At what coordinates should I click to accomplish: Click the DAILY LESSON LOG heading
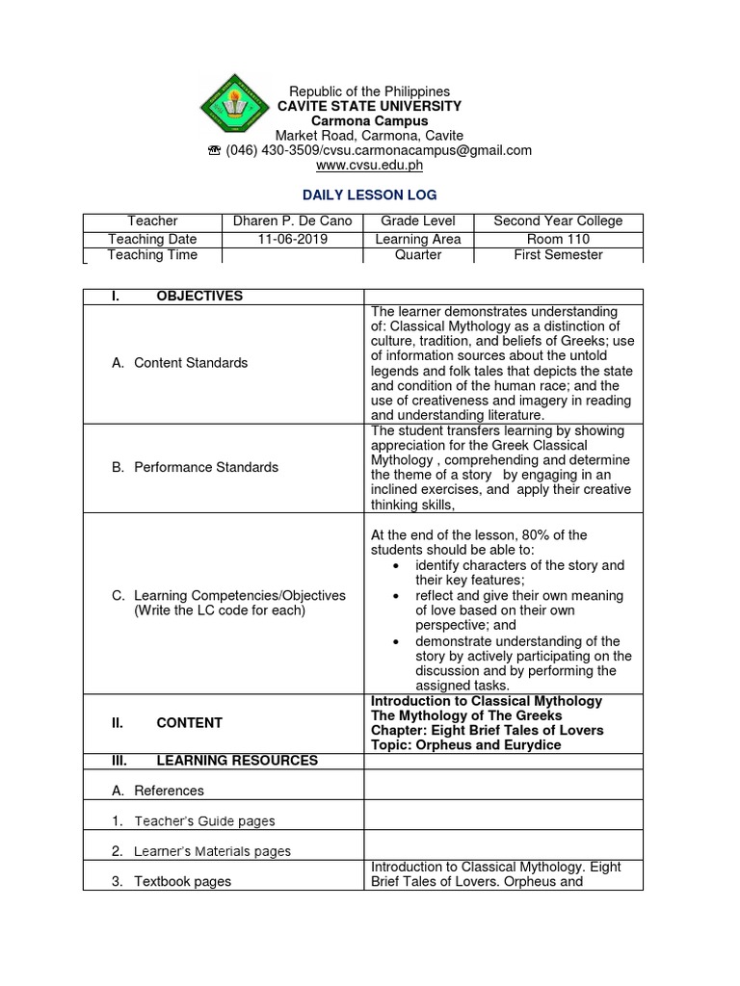pyautogui.click(x=369, y=195)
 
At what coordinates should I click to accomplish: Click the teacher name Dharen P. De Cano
pyautogui.click(x=293, y=221)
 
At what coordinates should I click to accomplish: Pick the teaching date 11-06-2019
pyautogui.click(x=293, y=239)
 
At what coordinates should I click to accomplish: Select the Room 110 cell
pyautogui.click(x=558, y=239)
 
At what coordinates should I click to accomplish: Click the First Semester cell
pyautogui.click(x=558, y=255)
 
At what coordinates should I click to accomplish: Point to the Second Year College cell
pyautogui.click(x=558, y=221)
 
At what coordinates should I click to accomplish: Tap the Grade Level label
pyautogui.click(x=418, y=221)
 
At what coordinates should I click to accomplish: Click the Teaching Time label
pyautogui.click(x=152, y=255)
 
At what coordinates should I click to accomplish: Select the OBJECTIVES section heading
pyautogui.click(x=199, y=296)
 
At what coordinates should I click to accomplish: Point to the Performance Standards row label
pyautogui.click(x=195, y=467)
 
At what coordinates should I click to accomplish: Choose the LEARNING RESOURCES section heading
pyautogui.click(x=236, y=761)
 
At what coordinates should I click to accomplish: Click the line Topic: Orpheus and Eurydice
pyautogui.click(x=466, y=745)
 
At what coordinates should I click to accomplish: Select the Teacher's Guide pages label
pyautogui.click(x=204, y=821)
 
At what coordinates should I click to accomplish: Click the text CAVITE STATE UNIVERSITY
pyautogui.click(x=369, y=106)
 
